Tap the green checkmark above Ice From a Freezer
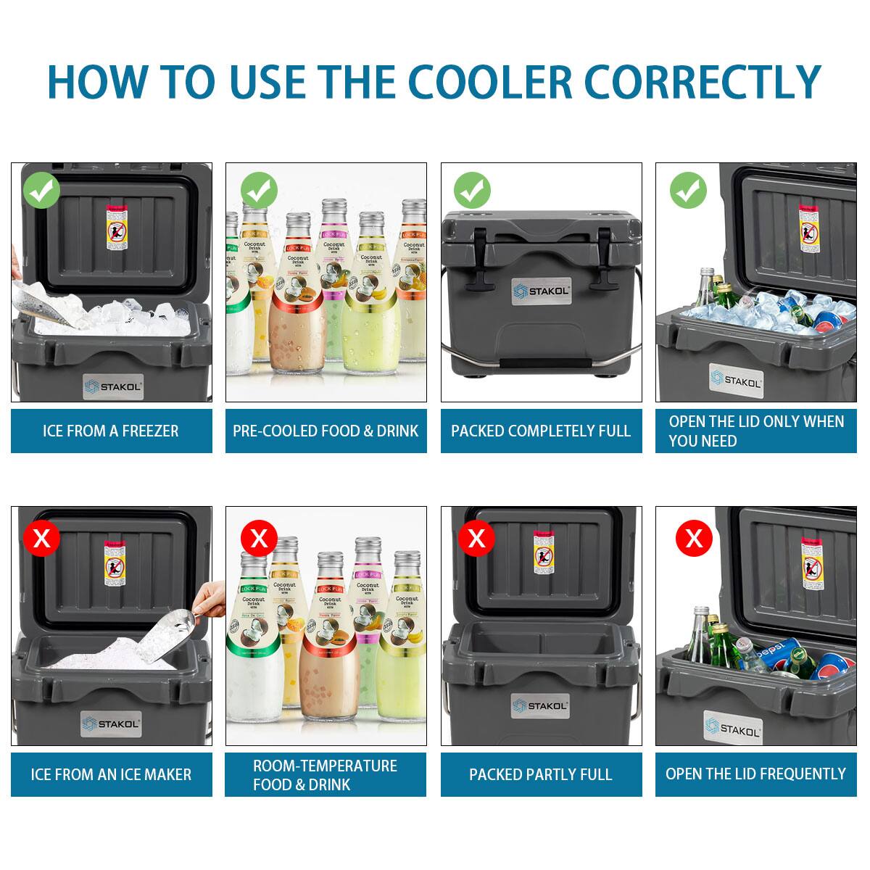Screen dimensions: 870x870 point(42,191)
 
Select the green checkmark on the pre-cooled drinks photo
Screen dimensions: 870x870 point(259,191)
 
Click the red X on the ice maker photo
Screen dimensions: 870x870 point(42,538)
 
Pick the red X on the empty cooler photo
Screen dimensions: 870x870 point(476,538)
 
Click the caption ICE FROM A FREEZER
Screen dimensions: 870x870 point(111,431)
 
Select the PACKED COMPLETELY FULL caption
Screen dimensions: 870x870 point(541,431)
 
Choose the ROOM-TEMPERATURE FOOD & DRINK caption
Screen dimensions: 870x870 point(326,775)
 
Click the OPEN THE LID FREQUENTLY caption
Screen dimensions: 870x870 point(755,774)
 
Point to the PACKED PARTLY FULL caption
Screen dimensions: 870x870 point(541,774)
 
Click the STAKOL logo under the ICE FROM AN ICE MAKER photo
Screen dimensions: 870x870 point(111,723)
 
